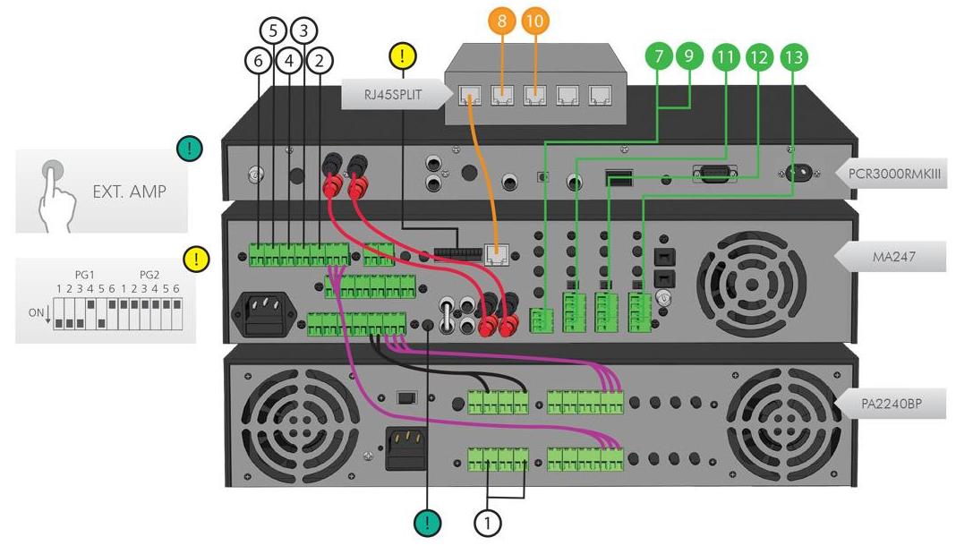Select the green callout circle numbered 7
[660, 58]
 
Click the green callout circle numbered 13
[792, 58]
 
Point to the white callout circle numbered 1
[488, 524]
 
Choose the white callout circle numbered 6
[258, 61]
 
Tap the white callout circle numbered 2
[319, 61]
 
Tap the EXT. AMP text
[131, 191]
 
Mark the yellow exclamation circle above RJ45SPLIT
[403, 57]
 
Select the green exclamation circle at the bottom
[428, 524]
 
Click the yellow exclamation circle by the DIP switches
[195, 260]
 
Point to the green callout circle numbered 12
[759, 58]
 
